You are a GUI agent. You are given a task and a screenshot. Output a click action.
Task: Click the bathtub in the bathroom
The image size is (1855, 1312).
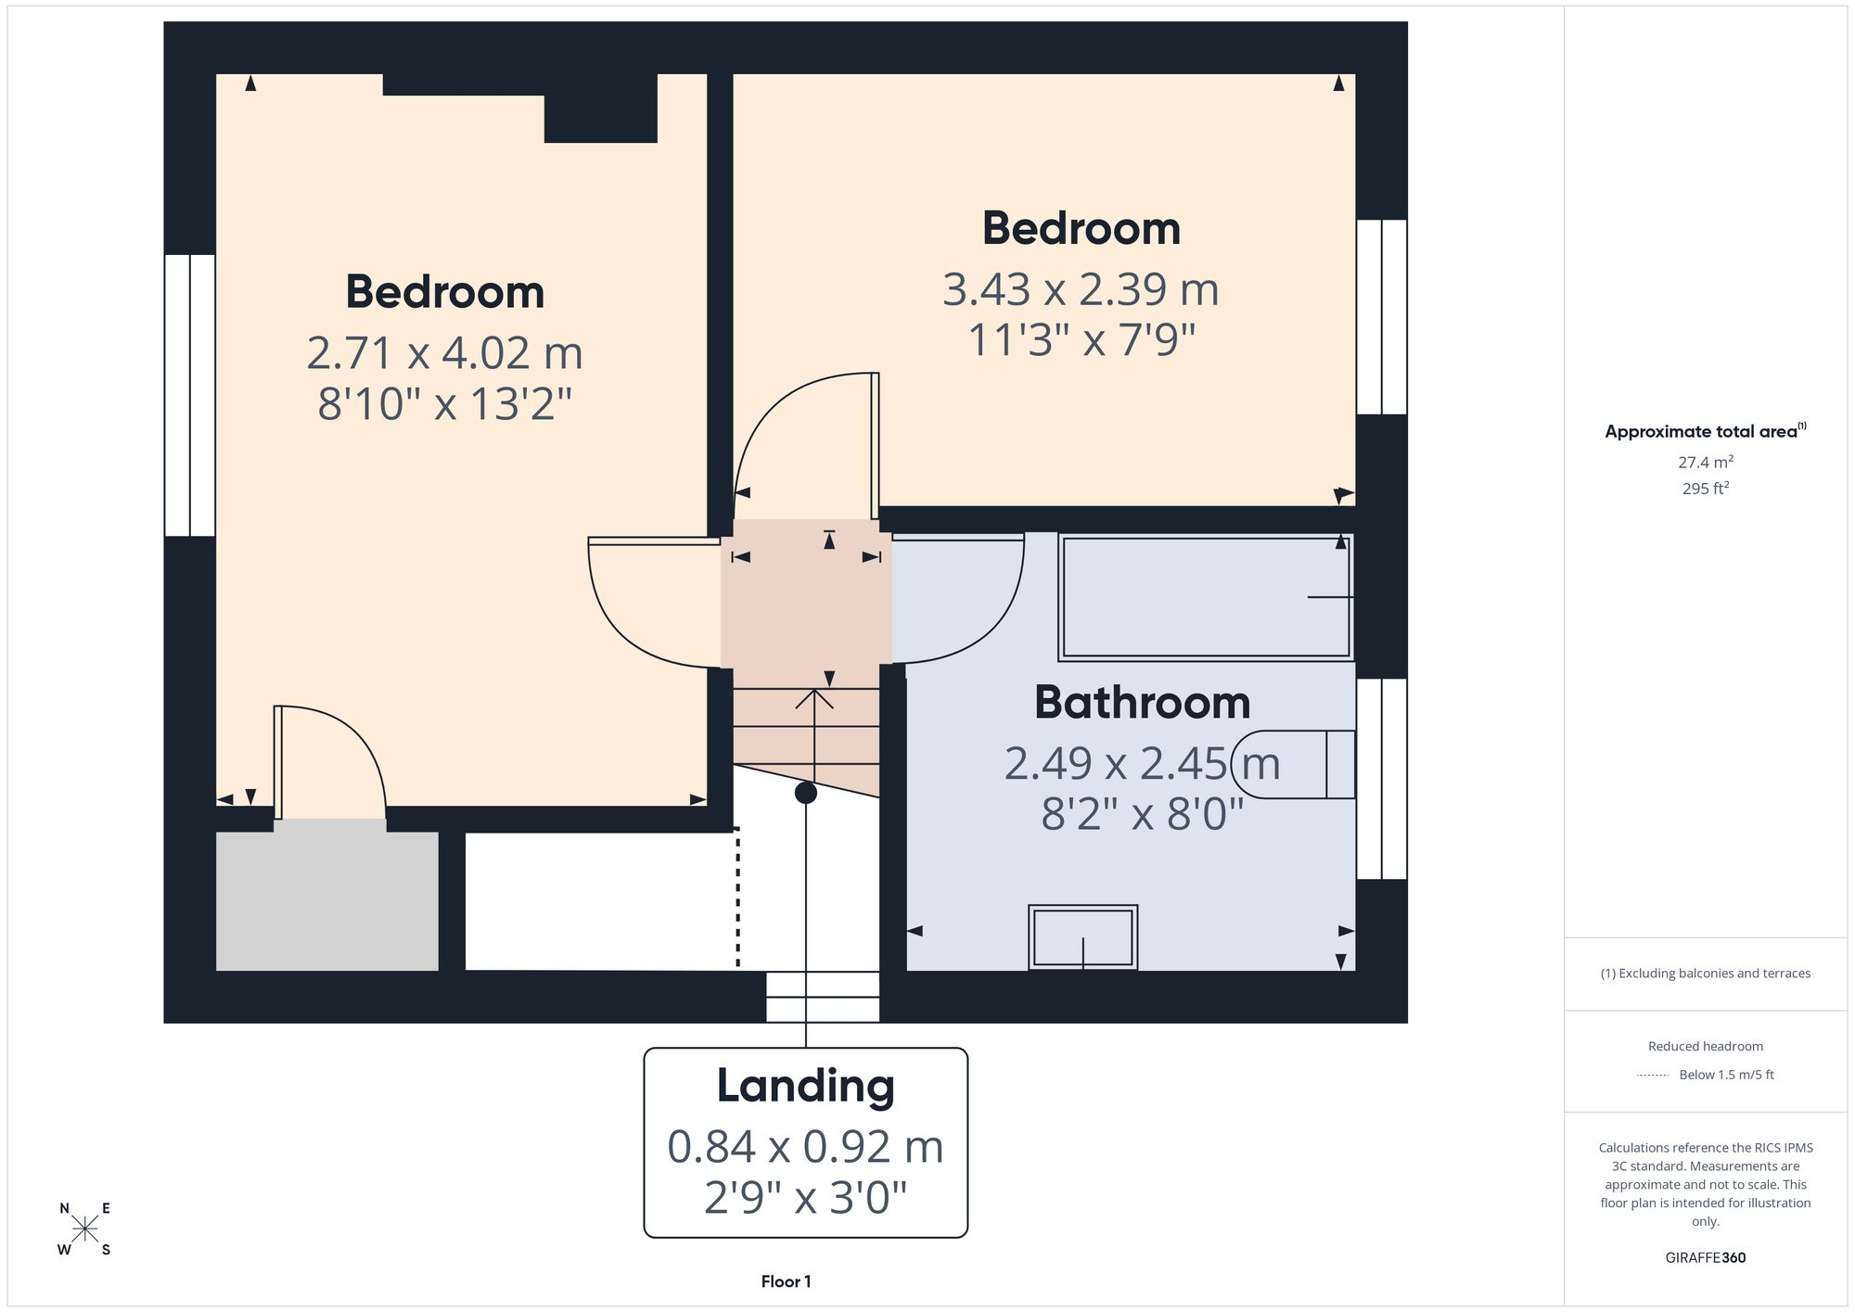pyautogui.click(x=1206, y=597)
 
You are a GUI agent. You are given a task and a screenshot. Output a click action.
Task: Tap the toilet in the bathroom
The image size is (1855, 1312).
pyautogui.click(x=1294, y=764)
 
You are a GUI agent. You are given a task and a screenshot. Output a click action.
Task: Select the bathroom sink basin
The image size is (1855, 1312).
pyautogui.click(x=1082, y=937)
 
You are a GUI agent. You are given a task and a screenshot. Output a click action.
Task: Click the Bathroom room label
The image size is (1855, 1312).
pyautogui.click(x=1142, y=702)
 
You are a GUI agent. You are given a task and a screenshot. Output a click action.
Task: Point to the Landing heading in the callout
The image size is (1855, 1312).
pyautogui.click(x=805, y=1086)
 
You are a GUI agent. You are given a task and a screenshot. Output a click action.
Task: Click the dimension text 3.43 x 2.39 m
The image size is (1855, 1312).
pyautogui.click(x=1081, y=289)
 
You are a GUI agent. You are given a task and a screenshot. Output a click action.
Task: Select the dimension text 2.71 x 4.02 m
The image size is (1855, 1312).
pyautogui.click(x=444, y=353)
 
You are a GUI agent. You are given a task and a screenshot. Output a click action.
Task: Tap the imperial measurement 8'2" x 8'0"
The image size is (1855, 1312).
pyautogui.click(x=1142, y=814)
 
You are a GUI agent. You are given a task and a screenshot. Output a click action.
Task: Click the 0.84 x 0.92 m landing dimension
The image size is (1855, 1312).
pyautogui.click(x=805, y=1147)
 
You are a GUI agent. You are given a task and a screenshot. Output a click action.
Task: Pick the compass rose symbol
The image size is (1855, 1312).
pyautogui.click(x=84, y=1229)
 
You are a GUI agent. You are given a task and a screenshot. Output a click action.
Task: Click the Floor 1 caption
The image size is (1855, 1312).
pyautogui.click(x=786, y=1281)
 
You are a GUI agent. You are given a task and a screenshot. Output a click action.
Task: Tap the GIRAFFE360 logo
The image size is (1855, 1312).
pyautogui.click(x=1705, y=1258)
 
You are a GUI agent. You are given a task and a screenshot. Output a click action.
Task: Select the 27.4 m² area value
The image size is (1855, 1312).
pyautogui.click(x=1705, y=462)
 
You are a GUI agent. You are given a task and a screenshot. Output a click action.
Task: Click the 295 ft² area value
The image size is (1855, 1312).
pyautogui.click(x=1705, y=488)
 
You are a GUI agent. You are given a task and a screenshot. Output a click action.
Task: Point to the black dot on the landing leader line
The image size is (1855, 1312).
pyautogui.click(x=805, y=793)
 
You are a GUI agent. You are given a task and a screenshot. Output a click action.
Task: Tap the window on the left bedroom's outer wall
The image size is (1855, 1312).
pyautogui.click(x=190, y=395)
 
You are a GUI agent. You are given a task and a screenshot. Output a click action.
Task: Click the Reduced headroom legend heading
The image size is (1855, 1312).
pyautogui.click(x=1705, y=1046)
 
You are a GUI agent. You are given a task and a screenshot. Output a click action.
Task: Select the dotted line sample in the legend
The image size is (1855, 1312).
pyautogui.click(x=1653, y=1076)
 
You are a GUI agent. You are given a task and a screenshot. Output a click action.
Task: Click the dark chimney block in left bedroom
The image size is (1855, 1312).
pyautogui.click(x=600, y=109)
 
